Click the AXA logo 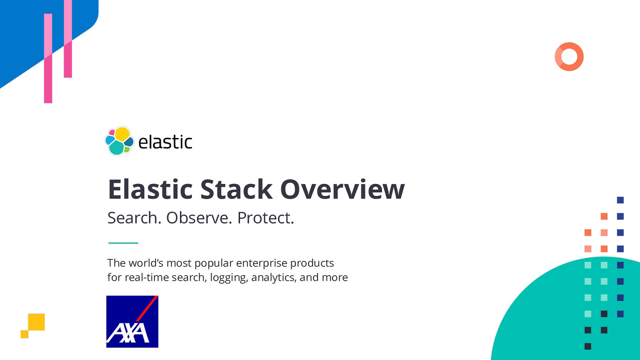132,322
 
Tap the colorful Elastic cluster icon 119,141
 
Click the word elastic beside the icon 165,142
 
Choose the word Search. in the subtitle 134,218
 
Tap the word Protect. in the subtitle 266,218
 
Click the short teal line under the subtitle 123,243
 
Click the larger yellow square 36,322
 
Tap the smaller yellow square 24,334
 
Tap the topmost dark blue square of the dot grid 620,200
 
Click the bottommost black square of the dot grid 588,346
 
